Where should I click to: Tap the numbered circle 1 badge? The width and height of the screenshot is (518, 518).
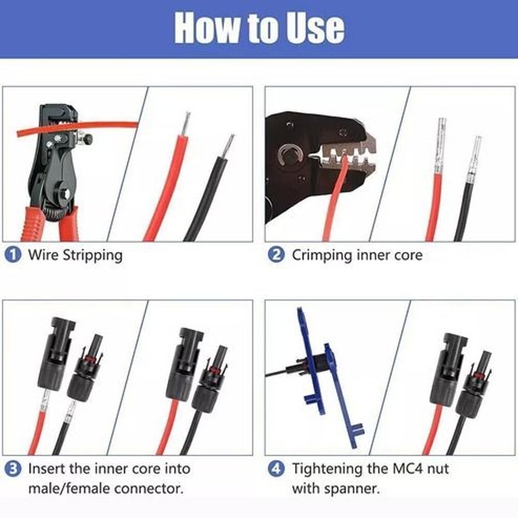pyautogui.click(x=13, y=255)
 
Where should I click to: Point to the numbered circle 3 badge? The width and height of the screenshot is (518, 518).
pyautogui.click(x=13, y=469)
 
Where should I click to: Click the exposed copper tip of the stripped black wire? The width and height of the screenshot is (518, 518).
pyautogui.click(x=228, y=146)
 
